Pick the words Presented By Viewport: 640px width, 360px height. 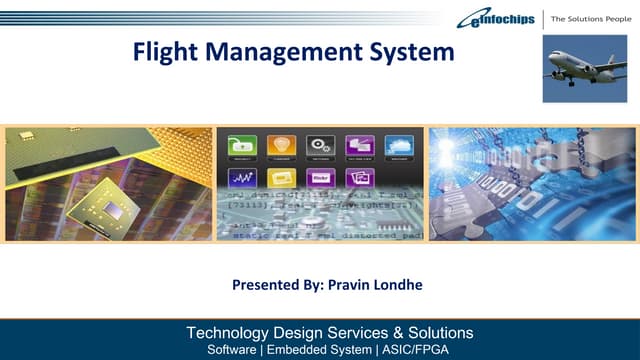(272, 286)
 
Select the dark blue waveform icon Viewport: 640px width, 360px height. (243, 179)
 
